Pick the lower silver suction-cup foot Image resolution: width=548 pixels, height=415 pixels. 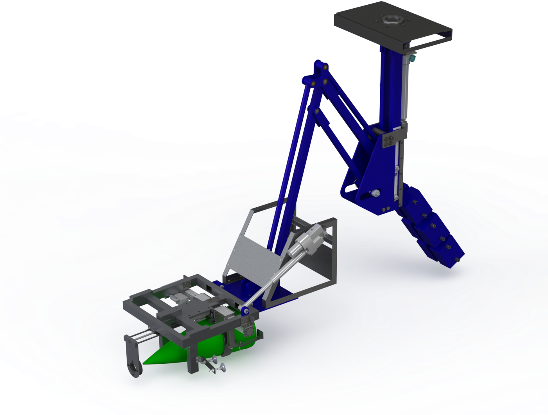point(222,367)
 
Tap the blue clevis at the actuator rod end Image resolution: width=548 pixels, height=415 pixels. point(245,311)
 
